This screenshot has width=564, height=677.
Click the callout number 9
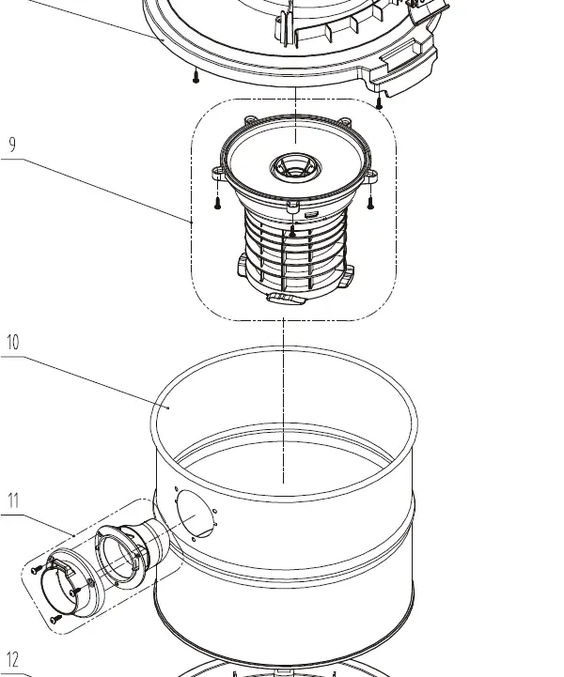12,145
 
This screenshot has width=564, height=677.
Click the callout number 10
12,342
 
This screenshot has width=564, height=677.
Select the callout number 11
13,500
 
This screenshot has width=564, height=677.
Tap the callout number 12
12,661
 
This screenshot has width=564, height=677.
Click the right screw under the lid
378,100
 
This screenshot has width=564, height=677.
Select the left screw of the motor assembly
216,199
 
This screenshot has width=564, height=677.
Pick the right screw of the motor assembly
369,199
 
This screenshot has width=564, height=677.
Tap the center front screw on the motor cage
293,228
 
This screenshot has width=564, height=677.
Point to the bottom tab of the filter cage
285,299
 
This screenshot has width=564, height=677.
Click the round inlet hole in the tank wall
196,516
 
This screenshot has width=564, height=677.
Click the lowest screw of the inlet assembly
55,618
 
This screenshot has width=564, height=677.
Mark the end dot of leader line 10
168,408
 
